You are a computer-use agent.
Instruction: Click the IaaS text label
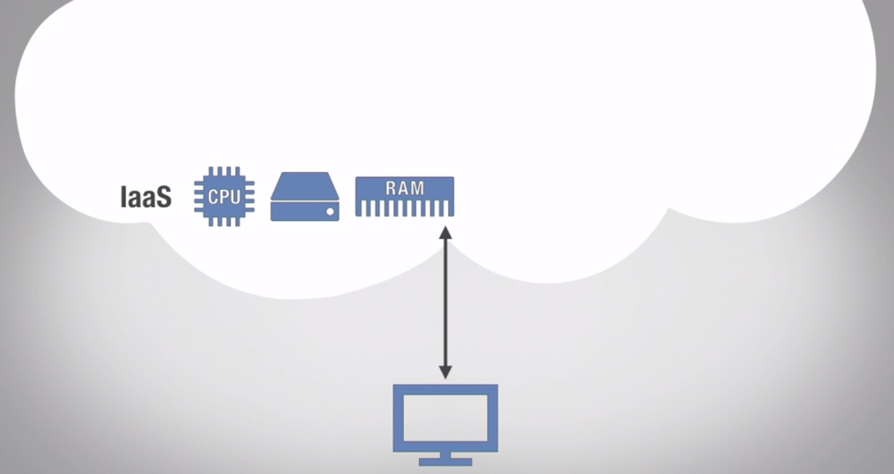click(146, 197)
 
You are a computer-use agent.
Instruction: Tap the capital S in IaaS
click(163, 197)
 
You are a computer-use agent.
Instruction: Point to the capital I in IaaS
click(124, 197)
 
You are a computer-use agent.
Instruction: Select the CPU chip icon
click(224, 196)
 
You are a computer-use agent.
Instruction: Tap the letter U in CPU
click(234, 196)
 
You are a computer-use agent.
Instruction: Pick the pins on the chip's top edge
click(224, 171)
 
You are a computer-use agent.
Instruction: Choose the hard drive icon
click(304, 196)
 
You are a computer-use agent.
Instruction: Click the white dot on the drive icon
click(330, 211)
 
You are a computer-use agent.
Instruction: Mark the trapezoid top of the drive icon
click(304, 185)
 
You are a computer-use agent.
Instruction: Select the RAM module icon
click(404, 196)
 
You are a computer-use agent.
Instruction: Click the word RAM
click(404, 189)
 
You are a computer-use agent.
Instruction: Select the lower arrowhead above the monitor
click(445, 372)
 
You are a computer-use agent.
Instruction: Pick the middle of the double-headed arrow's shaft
click(445, 302)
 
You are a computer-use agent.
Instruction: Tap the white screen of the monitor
click(445, 418)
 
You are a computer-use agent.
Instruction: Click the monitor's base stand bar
click(445, 462)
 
